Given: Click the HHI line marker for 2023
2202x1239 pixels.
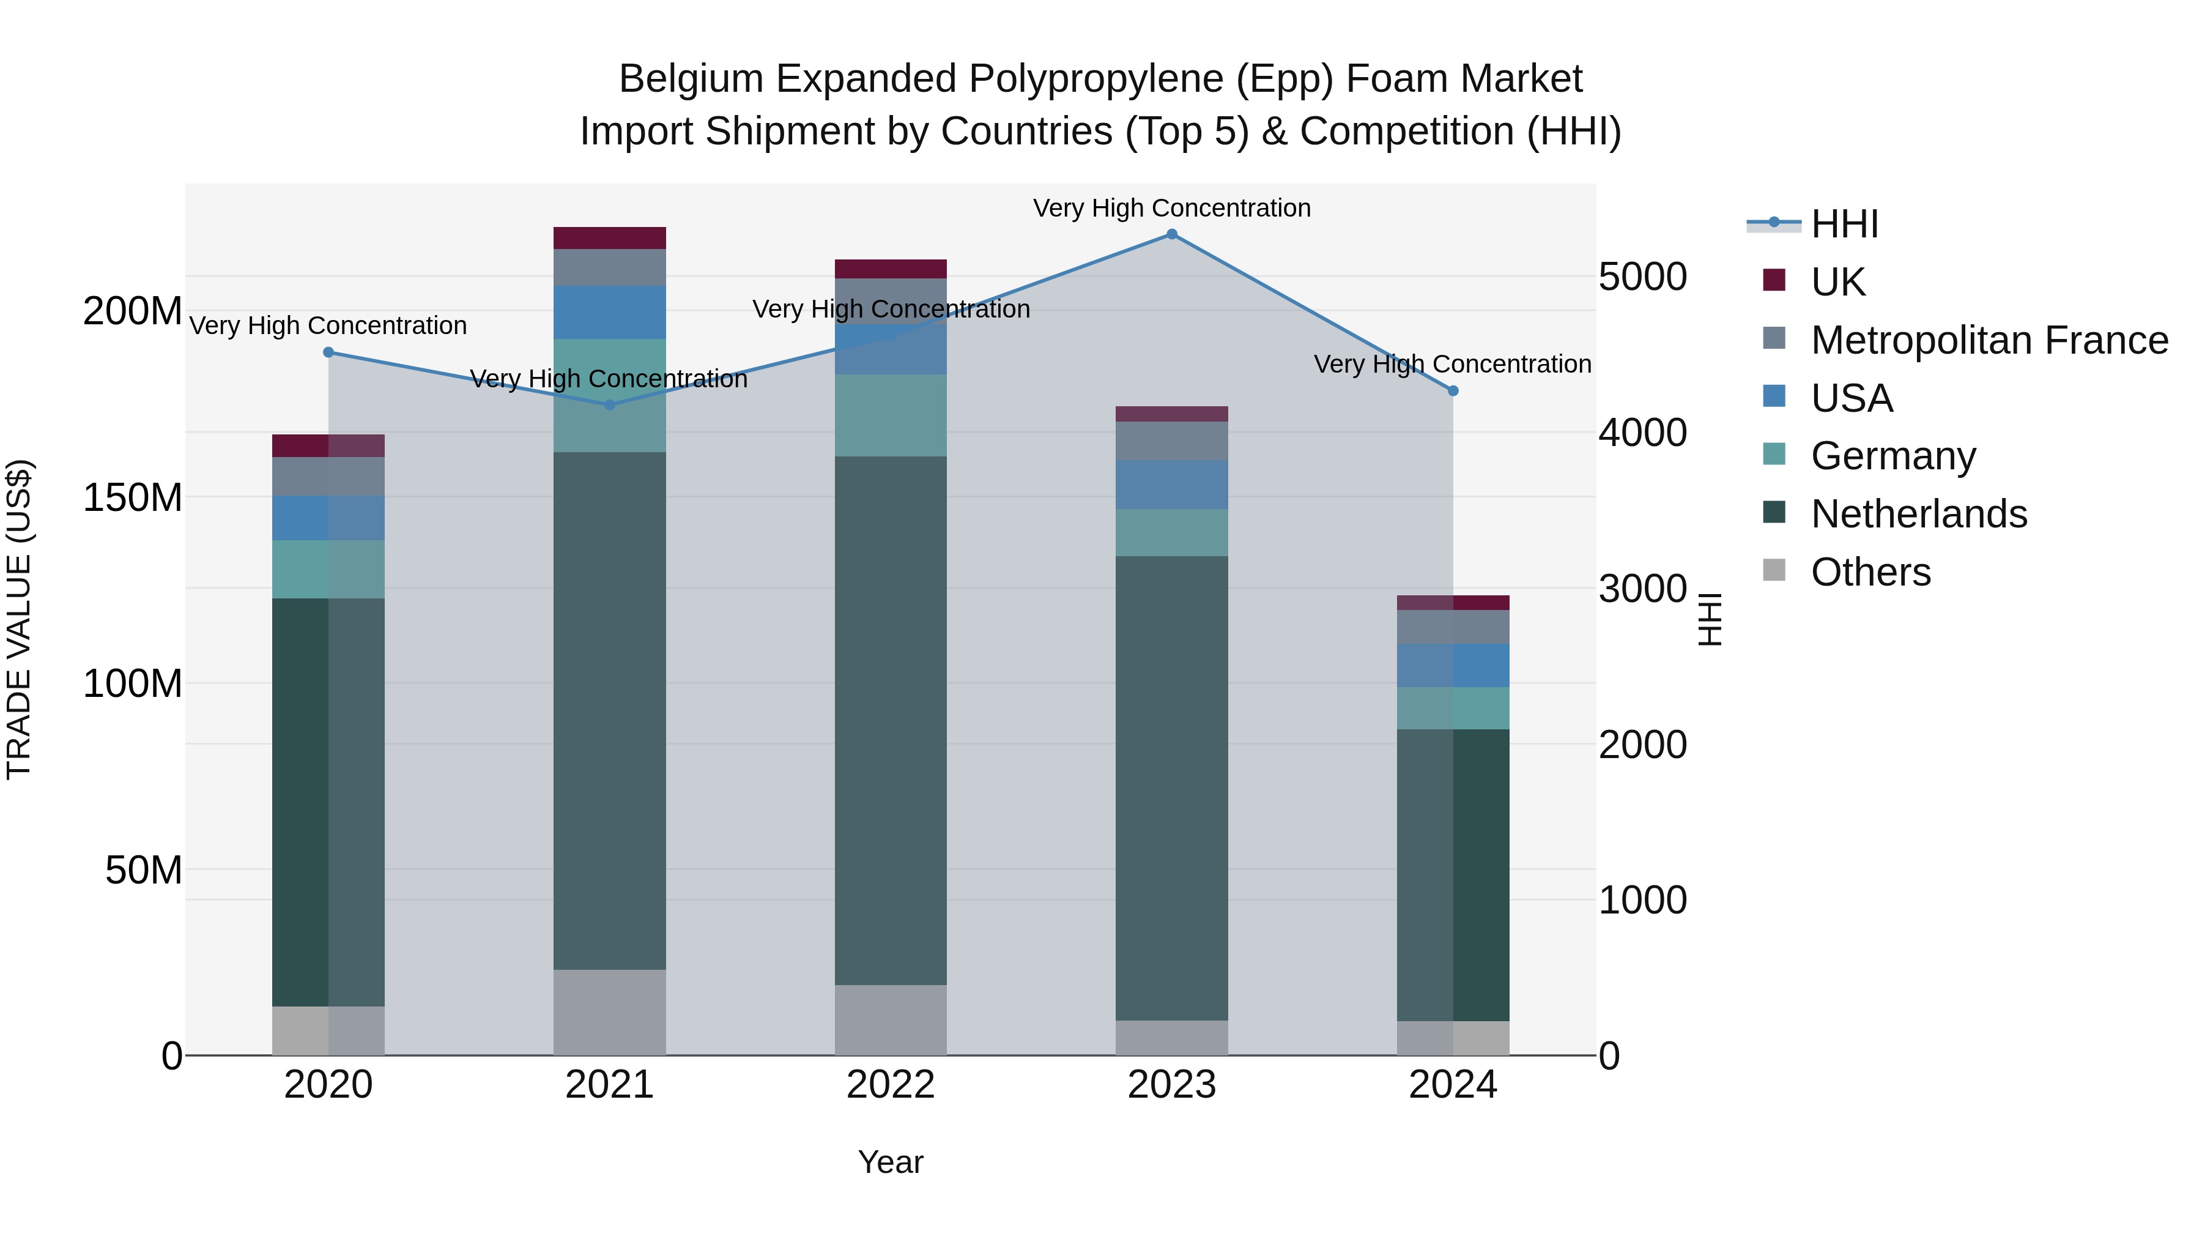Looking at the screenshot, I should (1171, 234).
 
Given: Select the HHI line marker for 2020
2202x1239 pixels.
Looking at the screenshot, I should (328, 352).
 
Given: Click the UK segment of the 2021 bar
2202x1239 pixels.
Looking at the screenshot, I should (609, 238).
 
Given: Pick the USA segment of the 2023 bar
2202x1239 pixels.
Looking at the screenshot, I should (1171, 485).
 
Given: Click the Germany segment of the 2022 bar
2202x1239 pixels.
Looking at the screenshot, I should (890, 415).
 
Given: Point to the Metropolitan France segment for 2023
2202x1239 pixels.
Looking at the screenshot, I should (1171, 441).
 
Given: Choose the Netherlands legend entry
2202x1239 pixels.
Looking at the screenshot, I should (1918, 514).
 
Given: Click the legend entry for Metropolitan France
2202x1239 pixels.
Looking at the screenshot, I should (1989, 340).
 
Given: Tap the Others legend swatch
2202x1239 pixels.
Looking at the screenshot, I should (1774, 570).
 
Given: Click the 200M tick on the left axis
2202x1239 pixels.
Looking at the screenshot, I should (133, 311).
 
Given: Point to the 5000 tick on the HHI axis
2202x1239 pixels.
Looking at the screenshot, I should (1642, 277).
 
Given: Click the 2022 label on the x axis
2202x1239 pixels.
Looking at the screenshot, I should (890, 1085).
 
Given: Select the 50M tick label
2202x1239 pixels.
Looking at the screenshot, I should (144, 871).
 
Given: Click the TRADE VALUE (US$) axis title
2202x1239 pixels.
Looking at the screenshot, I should (19, 619).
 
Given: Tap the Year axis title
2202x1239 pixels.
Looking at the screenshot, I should (890, 1162).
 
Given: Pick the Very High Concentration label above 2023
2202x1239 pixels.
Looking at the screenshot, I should (1171, 208).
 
